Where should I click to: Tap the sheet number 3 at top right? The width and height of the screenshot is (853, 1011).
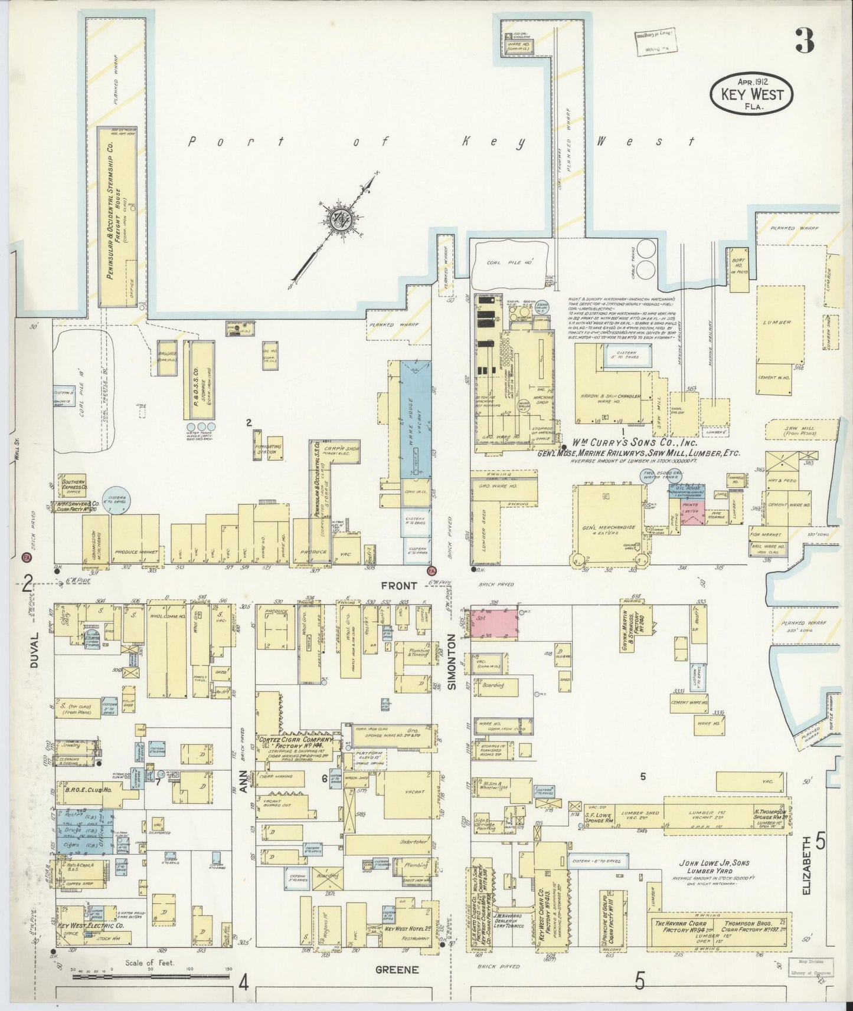[x=804, y=40]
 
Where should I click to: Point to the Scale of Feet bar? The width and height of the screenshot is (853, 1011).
[x=151, y=977]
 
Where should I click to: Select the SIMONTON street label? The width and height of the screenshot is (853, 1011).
[x=452, y=661]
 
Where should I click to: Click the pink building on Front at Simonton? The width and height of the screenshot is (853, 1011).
[x=494, y=623]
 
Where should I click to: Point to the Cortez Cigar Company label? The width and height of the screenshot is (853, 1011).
[x=295, y=739]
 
